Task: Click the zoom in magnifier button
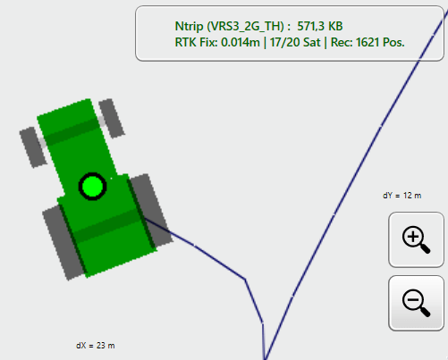click(x=416, y=239)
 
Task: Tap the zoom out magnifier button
click(x=416, y=303)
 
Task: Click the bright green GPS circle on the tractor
click(x=92, y=187)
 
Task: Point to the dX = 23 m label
click(x=96, y=346)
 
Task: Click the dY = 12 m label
click(x=402, y=196)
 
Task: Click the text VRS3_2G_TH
click(x=245, y=27)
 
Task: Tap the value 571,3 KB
click(x=320, y=27)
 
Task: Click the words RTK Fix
click(x=196, y=42)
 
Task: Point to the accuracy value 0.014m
click(x=241, y=42)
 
